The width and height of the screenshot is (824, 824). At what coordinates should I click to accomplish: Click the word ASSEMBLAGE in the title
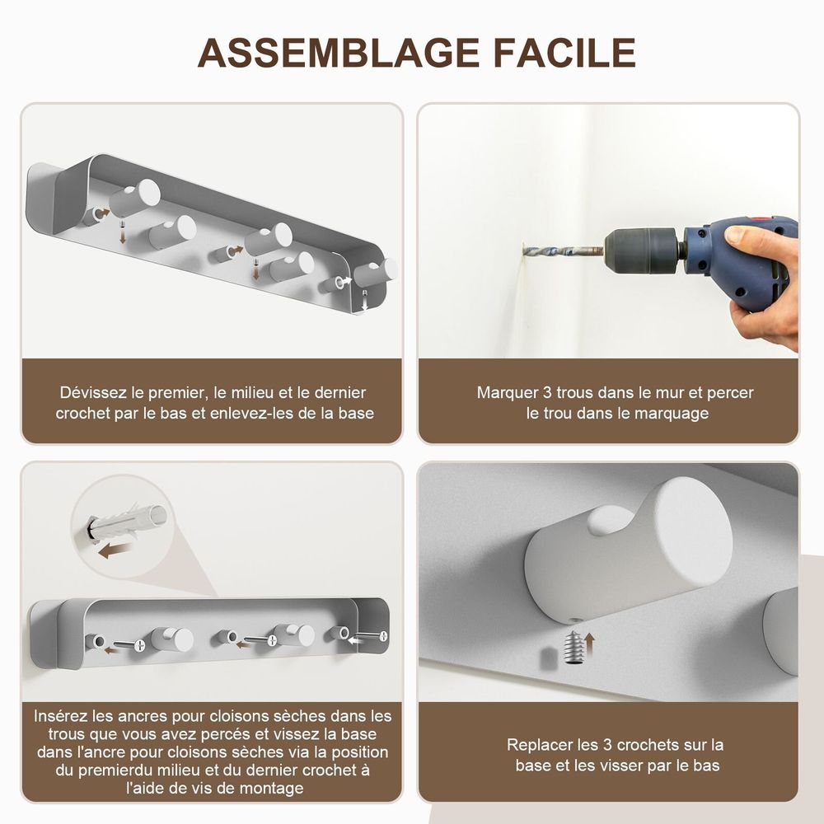[x=338, y=53]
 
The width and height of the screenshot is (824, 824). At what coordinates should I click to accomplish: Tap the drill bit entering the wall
[x=564, y=251]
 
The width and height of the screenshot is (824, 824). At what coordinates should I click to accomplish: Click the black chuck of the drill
[x=641, y=250]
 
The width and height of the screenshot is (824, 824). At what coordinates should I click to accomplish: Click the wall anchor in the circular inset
[x=126, y=520]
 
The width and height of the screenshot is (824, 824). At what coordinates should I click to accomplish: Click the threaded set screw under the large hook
[x=574, y=648]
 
